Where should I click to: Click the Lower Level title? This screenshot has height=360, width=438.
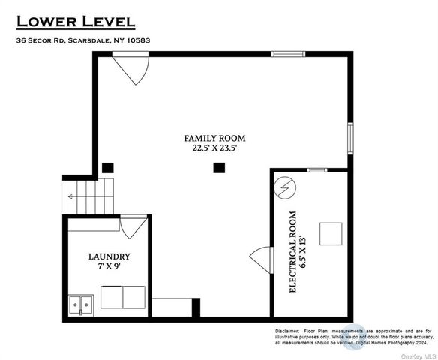click(x=76, y=22)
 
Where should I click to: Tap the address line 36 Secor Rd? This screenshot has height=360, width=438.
click(x=83, y=40)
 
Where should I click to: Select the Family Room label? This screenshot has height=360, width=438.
click(x=214, y=138)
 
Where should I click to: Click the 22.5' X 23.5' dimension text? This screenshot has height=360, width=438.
click(x=214, y=148)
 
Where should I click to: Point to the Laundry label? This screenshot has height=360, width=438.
click(x=109, y=256)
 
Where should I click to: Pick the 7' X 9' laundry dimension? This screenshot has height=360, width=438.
click(x=109, y=266)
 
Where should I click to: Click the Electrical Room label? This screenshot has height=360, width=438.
click(x=292, y=252)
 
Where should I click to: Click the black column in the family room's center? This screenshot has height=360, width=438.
click(x=219, y=168)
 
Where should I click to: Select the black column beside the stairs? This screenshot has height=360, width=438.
click(x=108, y=168)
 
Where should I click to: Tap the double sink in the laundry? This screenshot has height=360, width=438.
click(x=81, y=305)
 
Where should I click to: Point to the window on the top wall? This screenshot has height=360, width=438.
click(x=288, y=54)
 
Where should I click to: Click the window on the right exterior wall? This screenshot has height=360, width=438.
click(x=350, y=139)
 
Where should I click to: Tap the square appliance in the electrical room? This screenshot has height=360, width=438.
click(x=331, y=234)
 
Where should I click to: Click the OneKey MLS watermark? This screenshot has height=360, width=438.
click(x=418, y=356)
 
